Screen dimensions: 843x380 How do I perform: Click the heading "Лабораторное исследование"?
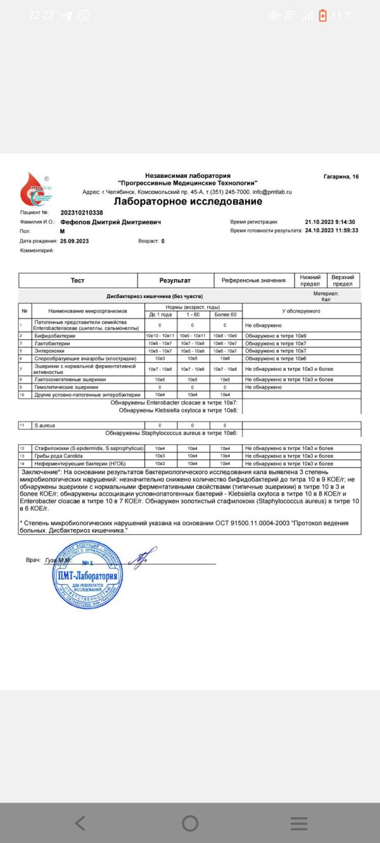[187, 202]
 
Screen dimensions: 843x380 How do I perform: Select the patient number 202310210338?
[82, 213]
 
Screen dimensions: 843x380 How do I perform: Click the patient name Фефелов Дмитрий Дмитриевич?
[111, 222]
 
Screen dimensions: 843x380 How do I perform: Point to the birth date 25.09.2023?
[75, 241]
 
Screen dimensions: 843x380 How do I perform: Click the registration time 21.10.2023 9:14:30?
[330, 222]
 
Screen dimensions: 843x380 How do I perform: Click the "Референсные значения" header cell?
[253, 280]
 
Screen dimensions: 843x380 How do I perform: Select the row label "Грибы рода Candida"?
[60, 456]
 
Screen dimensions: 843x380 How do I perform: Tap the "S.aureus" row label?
[45, 425]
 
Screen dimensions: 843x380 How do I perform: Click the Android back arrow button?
[80, 823]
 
